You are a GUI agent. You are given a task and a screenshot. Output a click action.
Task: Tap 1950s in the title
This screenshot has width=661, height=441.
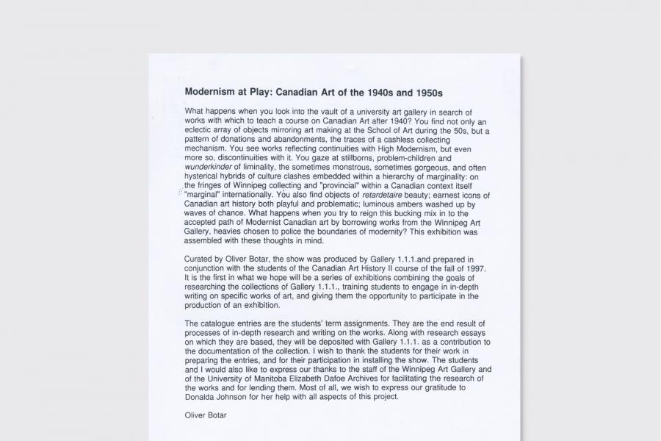(x=425, y=93)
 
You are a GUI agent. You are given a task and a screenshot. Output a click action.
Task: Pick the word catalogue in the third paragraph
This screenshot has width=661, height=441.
(x=222, y=323)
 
